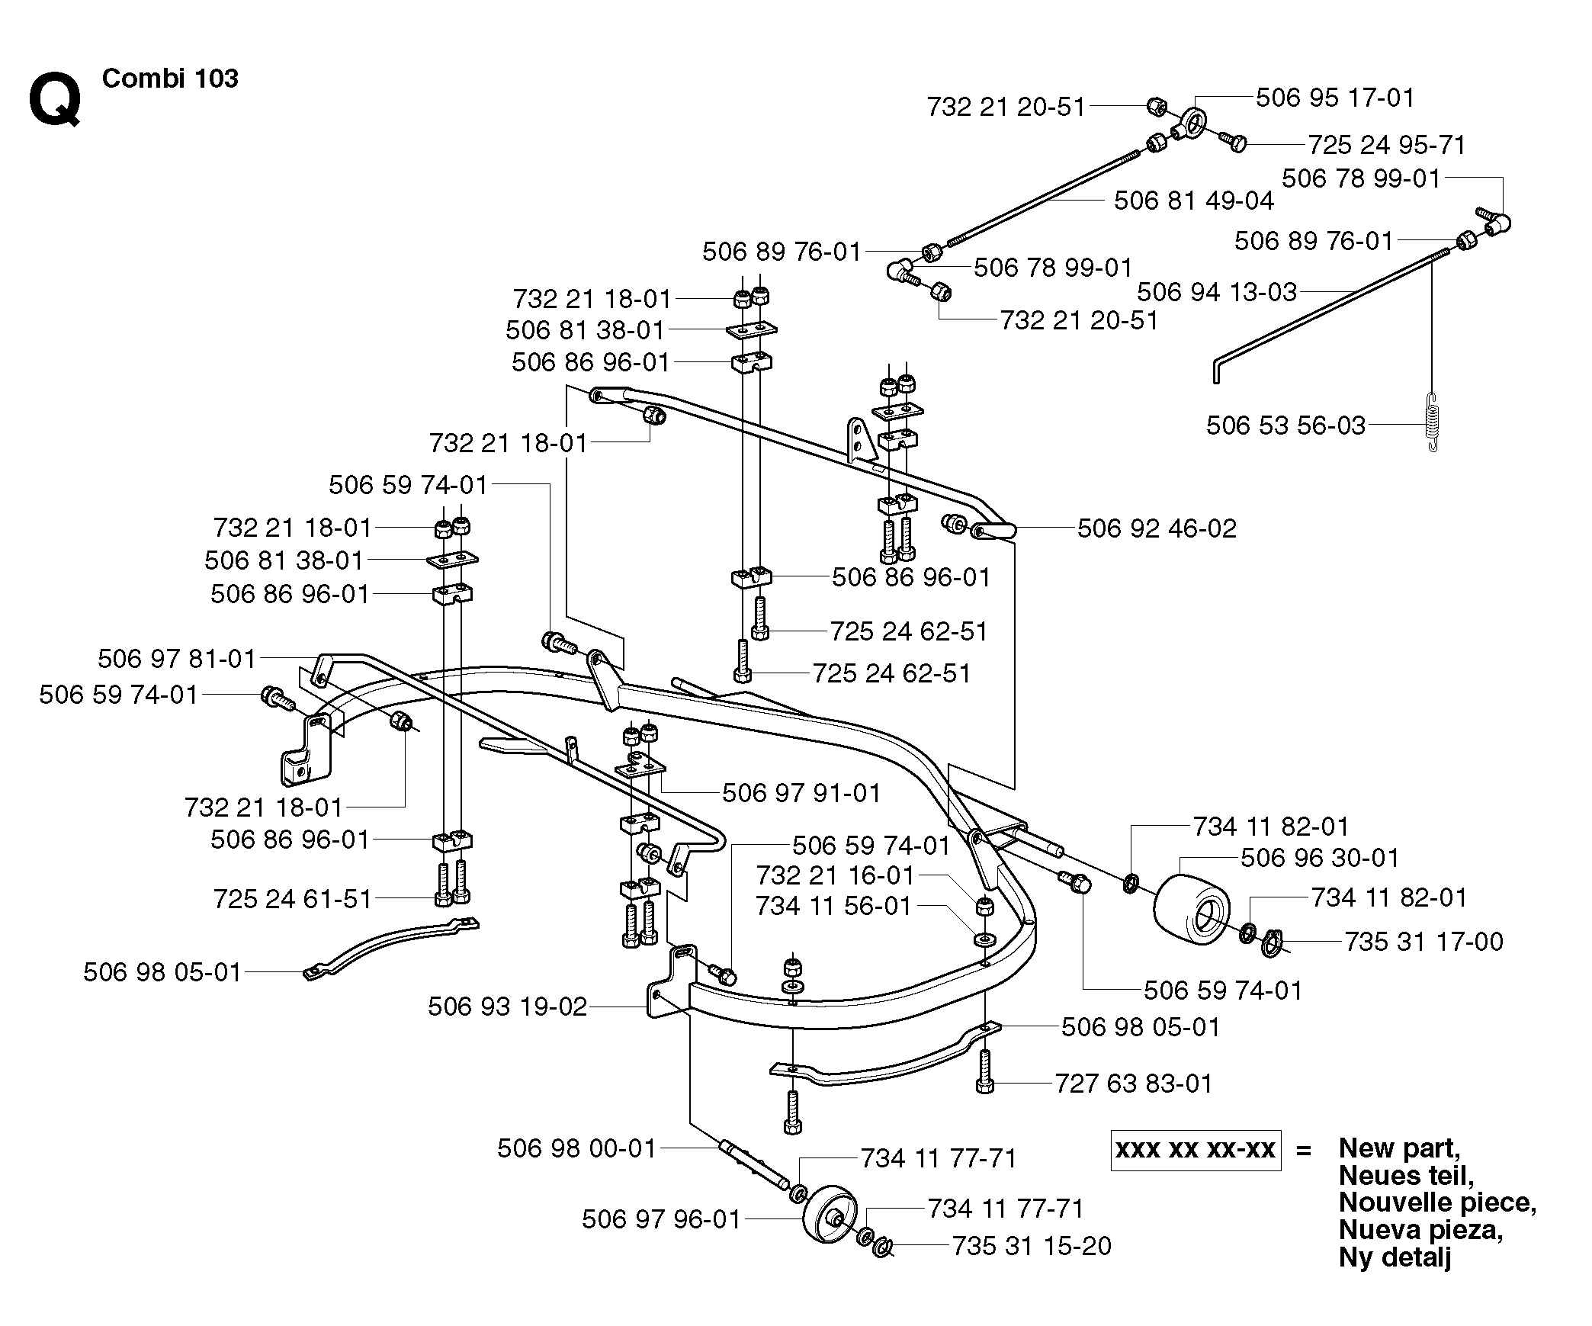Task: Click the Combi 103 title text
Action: pos(170,79)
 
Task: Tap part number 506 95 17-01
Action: pos(1335,98)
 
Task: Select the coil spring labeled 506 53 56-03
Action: pos(1434,424)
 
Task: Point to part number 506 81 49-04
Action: pos(1194,201)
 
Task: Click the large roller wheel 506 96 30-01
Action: pos(1191,908)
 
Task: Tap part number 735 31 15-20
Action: pos(1032,1246)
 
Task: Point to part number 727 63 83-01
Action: pos(1134,1084)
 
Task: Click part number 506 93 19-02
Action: pos(508,1007)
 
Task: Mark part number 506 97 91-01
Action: pos(801,793)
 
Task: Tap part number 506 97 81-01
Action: pos(177,659)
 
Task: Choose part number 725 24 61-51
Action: pos(293,899)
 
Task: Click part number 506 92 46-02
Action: pos(1157,528)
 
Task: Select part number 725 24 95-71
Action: pos(1388,145)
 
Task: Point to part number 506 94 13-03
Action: pos(1217,292)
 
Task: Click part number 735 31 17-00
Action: pos(1423,942)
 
